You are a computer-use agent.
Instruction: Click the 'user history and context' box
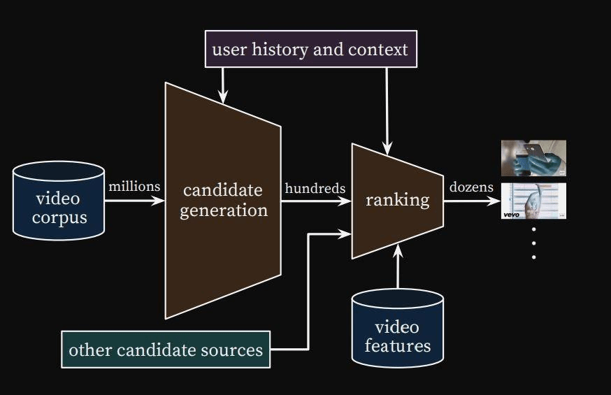pos(310,49)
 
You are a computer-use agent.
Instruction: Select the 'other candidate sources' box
pos(165,350)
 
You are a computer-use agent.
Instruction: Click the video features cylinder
pos(397,330)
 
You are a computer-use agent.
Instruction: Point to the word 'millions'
pos(134,187)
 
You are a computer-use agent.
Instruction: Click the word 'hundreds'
pos(315,187)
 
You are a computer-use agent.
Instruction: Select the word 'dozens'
pos(471,187)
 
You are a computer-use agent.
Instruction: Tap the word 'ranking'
pos(397,200)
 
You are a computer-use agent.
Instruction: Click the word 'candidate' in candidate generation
pos(222,189)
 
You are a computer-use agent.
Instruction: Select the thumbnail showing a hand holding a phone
pos(533,158)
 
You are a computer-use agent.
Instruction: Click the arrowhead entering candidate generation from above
pos(223,99)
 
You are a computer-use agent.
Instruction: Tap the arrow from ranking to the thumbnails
pos(472,201)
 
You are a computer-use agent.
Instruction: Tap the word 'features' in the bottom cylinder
pos(397,345)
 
